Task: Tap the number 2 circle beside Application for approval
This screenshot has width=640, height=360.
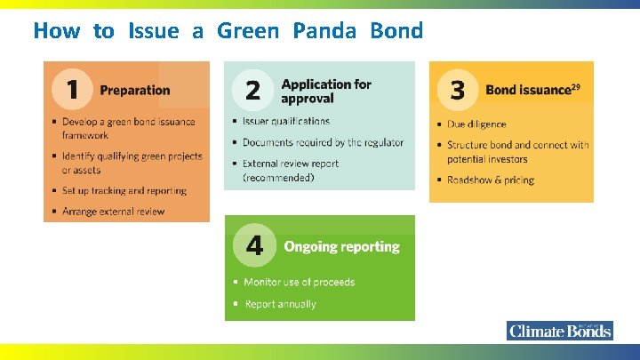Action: pyautogui.click(x=252, y=90)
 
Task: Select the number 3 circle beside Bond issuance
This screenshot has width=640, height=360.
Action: pyautogui.click(x=458, y=90)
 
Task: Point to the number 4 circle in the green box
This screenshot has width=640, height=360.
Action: pyautogui.click(x=254, y=246)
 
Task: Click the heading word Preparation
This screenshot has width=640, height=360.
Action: pyautogui.click(x=135, y=90)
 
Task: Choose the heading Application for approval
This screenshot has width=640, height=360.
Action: pyautogui.click(x=326, y=91)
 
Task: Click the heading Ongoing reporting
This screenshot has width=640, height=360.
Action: pyautogui.click(x=341, y=247)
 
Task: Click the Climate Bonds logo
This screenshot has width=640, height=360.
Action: pyautogui.click(x=560, y=331)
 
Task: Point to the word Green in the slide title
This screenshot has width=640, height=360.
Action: pyautogui.click(x=248, y=31)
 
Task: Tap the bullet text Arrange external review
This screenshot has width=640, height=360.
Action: pyautogui.click(x=113, y=212)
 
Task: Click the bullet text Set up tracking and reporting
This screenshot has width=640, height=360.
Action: pyautogui.click(x=124, y=190)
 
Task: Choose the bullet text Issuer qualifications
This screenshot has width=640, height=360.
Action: pyautogui.click(x=286, y=121)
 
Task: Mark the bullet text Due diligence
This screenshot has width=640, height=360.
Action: pyautogui.click(x=477, y=124)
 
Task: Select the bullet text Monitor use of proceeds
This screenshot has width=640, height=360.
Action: pyautogui.click(x=299, y=282)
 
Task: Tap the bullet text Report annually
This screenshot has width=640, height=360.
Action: pyautogui.click(x=280, y=304)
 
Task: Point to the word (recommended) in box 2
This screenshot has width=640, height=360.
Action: pyautogui.click(x=279, y=178)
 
